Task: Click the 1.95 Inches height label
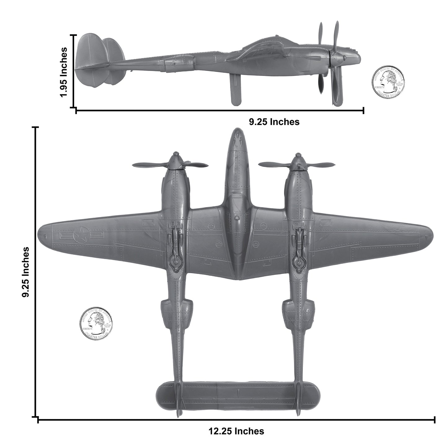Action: click(x=64, y=72)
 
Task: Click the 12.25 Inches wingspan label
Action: click(x=236, y=431)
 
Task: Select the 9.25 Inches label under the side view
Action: click(x=274, y=122)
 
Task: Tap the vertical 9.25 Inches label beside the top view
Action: click(x=26, y=272)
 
